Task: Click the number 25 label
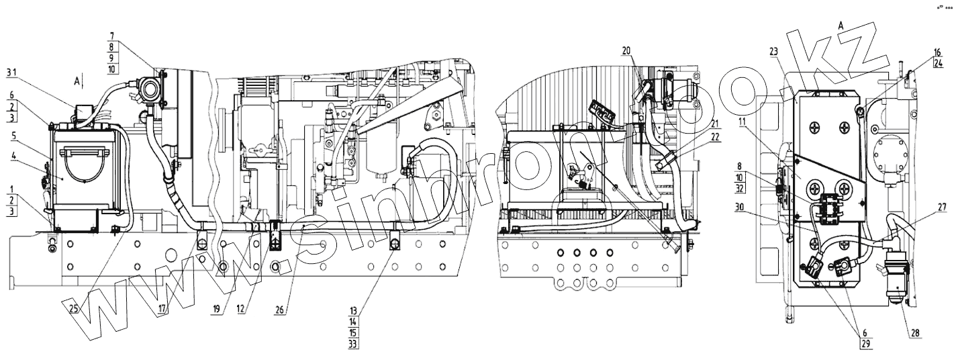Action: [x=73, y=308]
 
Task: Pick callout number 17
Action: [x=162, y=309]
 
